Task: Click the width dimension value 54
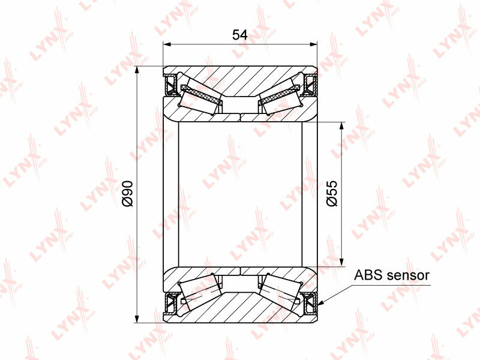(x=239, y=35)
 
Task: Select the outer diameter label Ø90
(x=127, y=194)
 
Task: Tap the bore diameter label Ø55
(x=332, y=193)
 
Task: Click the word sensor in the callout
(x=408, y=275)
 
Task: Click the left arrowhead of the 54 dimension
(x=167, y=44)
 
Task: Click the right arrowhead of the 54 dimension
(x=313, y=44)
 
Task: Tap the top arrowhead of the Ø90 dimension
(x=137, y=70)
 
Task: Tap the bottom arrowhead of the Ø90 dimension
(x=137, y=319)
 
